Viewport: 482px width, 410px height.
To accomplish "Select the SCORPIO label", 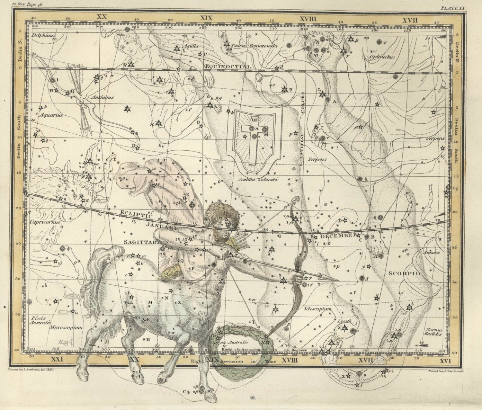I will point(405,273).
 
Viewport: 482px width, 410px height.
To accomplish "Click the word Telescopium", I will point(317,309).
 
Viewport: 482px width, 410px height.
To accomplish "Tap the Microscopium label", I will point(67,328).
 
